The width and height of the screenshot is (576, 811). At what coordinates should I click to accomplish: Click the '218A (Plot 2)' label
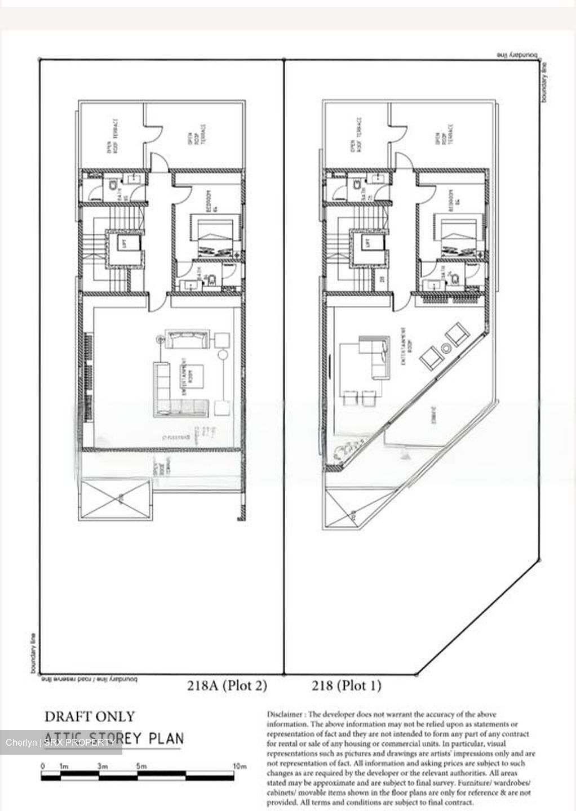[227, 685]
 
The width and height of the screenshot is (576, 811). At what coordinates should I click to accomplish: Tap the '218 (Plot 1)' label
[346, 685]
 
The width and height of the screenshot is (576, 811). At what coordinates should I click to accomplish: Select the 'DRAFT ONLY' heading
[90, 716]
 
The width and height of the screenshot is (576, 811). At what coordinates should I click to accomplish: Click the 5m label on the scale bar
[141, 766]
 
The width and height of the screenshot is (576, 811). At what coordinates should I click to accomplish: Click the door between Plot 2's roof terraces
[147, 135]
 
